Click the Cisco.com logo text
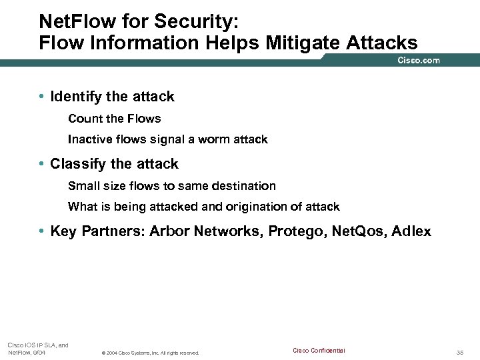point(419,60)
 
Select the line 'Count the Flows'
point(115,119)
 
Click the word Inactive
point(89,139)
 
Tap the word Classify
point(78,164)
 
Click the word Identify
point(76,97)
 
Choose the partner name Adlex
point(411,231)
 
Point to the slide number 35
point(460,352)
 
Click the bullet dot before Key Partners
point(41,231)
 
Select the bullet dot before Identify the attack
point(41,97)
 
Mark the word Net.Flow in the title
point(71,21)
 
